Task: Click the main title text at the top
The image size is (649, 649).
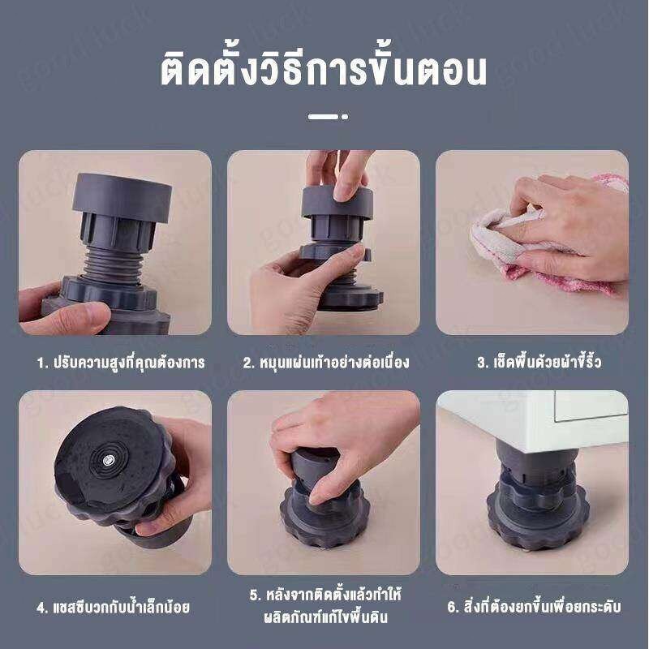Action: [324, 70]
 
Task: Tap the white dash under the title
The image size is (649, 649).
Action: [323, 117]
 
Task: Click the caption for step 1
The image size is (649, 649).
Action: [121, 362]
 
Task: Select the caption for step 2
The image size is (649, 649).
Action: [326, 362]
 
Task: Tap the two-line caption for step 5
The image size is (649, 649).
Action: [325, 606]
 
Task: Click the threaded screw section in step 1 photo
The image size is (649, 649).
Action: [112, 265]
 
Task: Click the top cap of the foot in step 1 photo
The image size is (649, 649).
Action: [122, 197]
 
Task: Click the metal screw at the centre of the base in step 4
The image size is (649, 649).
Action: [109, 458]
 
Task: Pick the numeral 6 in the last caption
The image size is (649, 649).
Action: [451, 607]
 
